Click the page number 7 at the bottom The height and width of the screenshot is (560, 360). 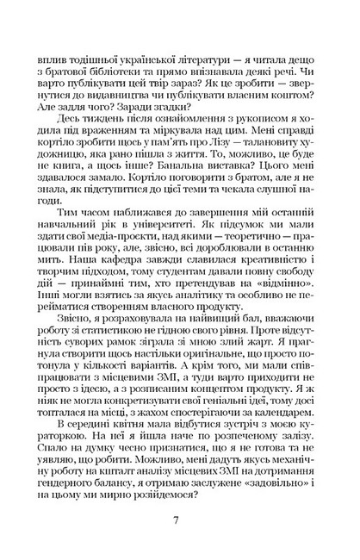click(179, 518)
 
